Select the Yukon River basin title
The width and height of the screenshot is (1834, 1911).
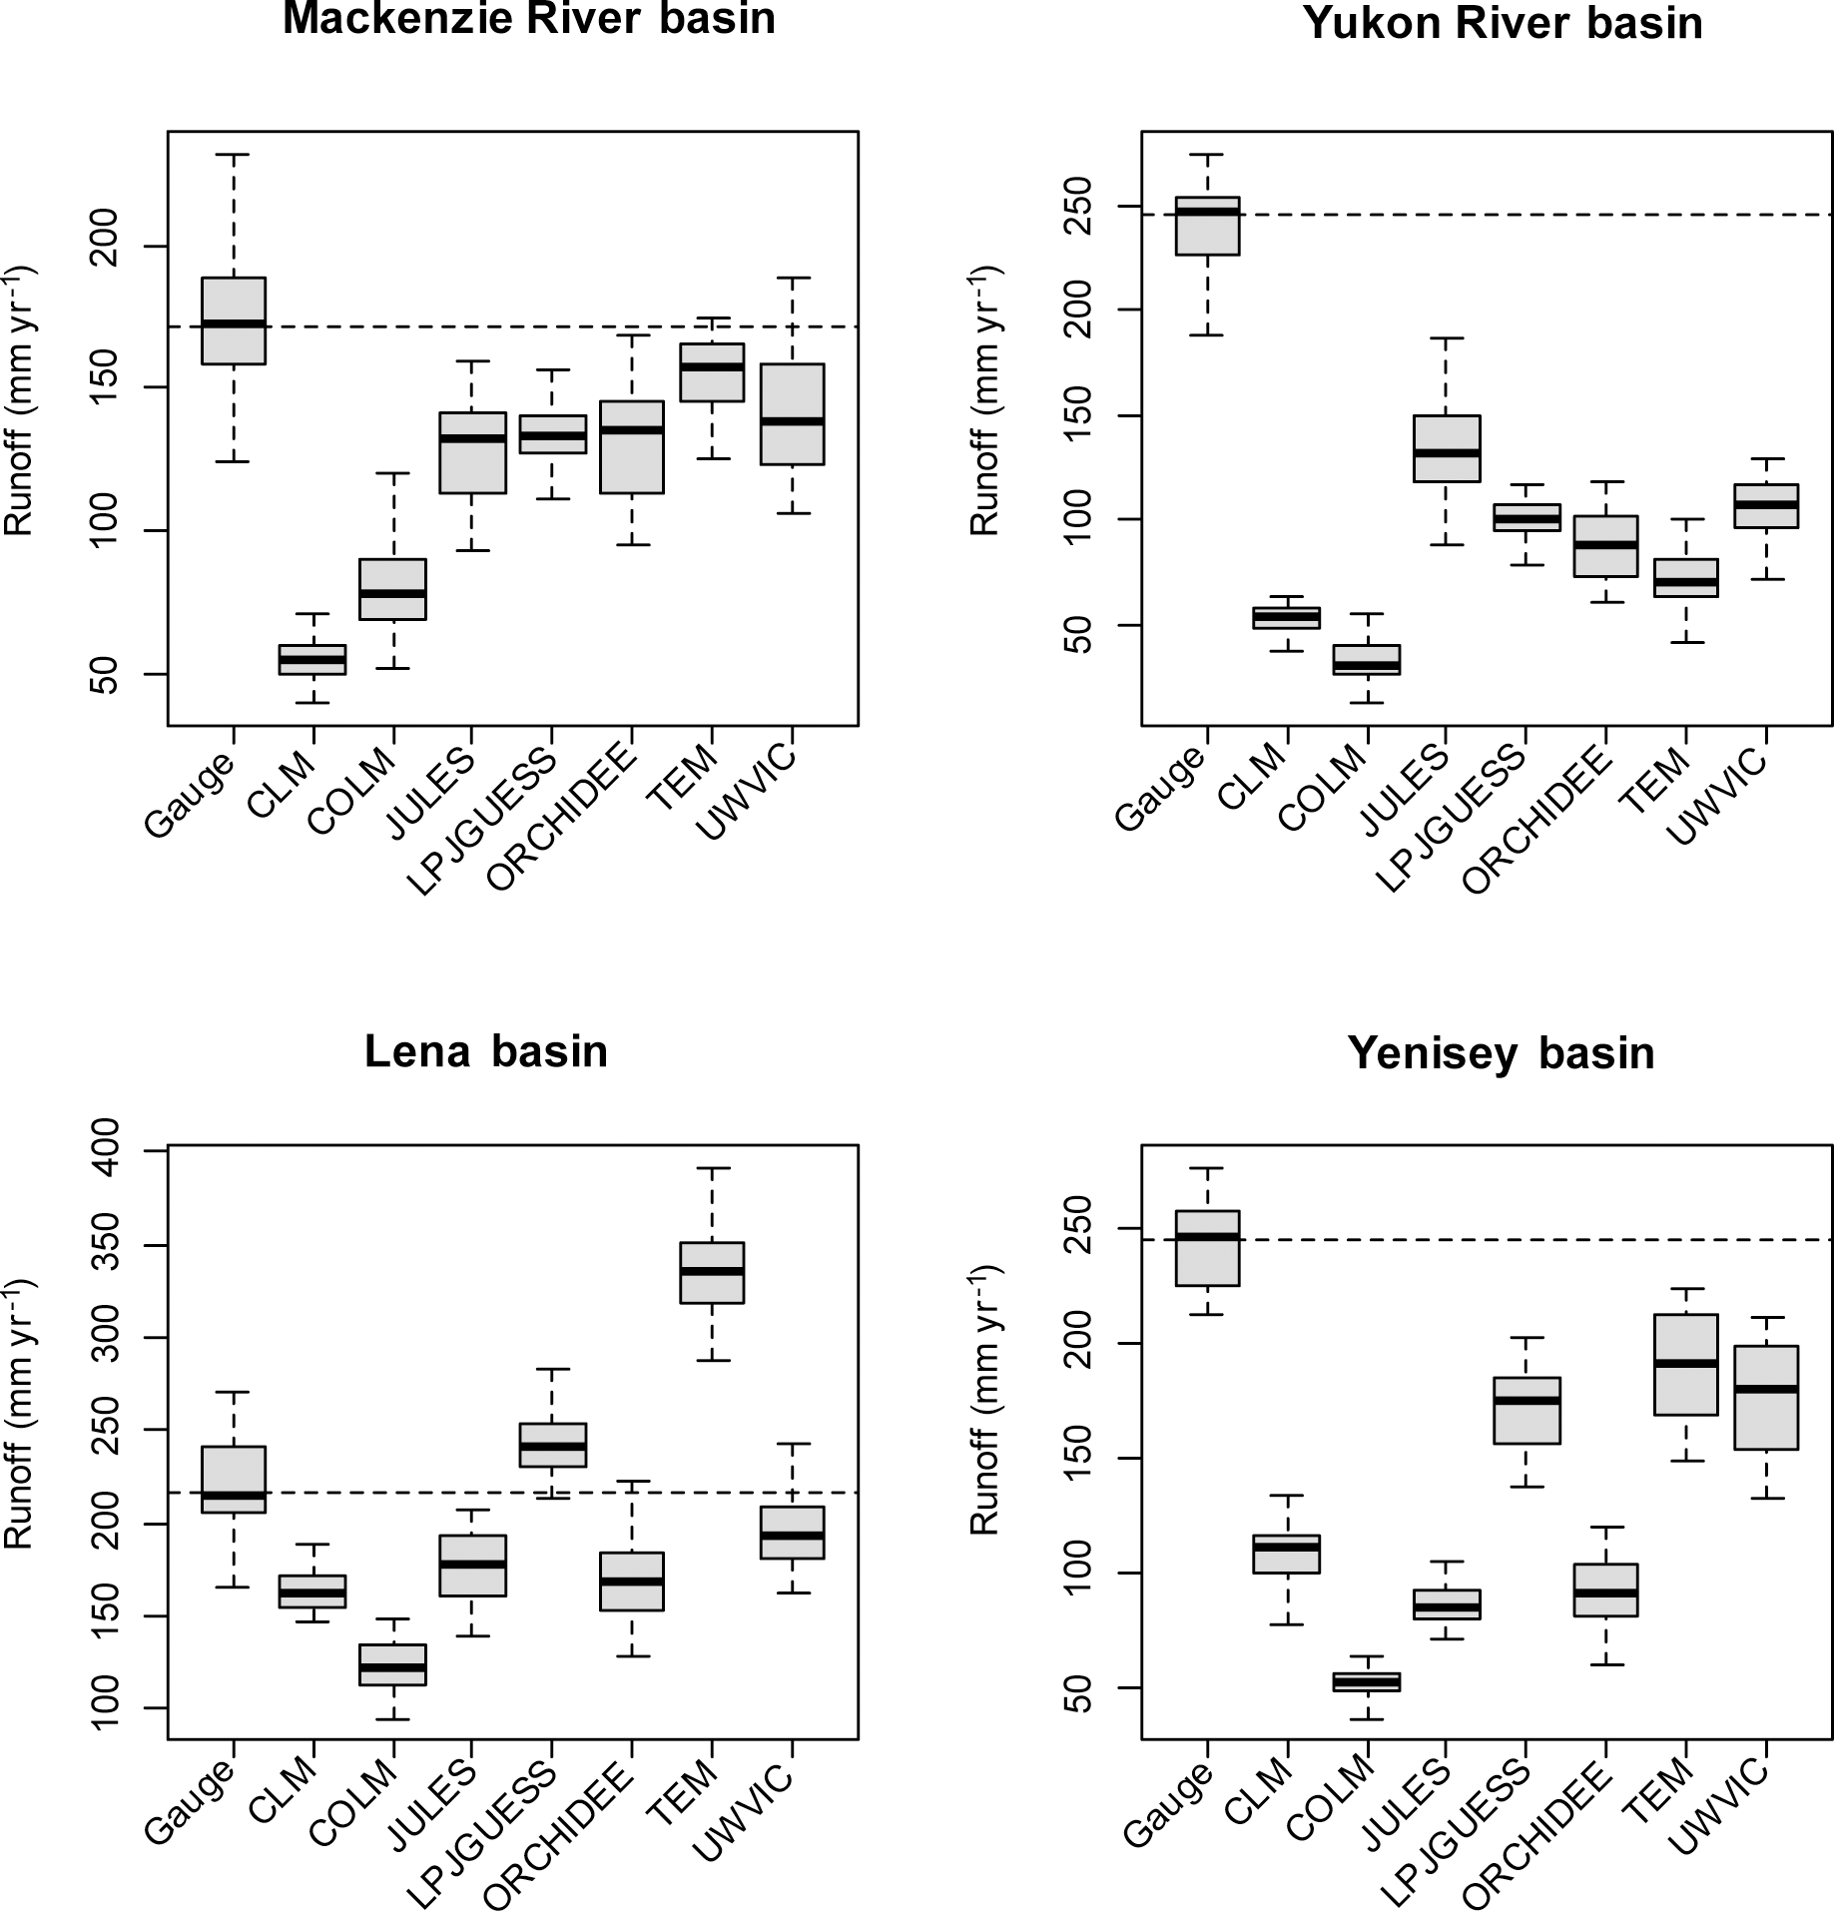pos(1503,22)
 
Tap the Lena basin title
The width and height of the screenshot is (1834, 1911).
pos(486,1051)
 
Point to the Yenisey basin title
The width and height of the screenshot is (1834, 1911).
pos(1501,1053)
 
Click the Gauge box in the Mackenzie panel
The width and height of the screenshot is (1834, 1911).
pos(234,320)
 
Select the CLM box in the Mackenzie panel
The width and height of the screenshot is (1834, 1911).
pos(313,659)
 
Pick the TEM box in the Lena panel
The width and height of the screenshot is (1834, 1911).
pos(712,1272)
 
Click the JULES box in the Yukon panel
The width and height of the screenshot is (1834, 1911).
pos(1447,448)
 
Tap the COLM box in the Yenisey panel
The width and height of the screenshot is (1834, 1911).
pos(1367,1681)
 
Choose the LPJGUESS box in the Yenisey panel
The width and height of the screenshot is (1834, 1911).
pos(1527,1410)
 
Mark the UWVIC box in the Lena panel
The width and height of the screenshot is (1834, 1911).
pos(792,1532)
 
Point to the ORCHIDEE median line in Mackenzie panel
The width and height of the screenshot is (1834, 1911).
pos(632,430)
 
